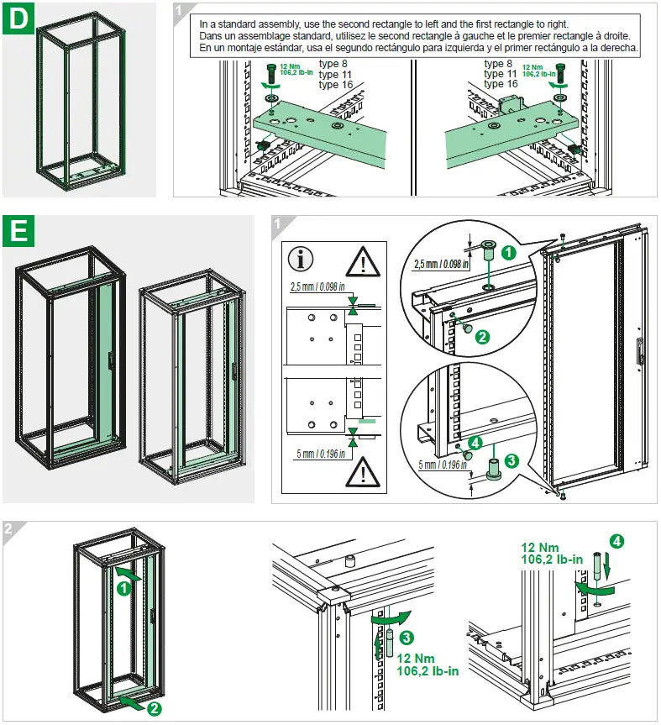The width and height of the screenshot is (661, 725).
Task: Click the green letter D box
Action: (18, 19)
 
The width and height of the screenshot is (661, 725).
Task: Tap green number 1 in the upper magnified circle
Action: (509, 250)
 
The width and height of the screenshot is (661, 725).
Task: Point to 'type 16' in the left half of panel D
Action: (336, 85)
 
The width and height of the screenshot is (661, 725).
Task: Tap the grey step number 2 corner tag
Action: (9, 529)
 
